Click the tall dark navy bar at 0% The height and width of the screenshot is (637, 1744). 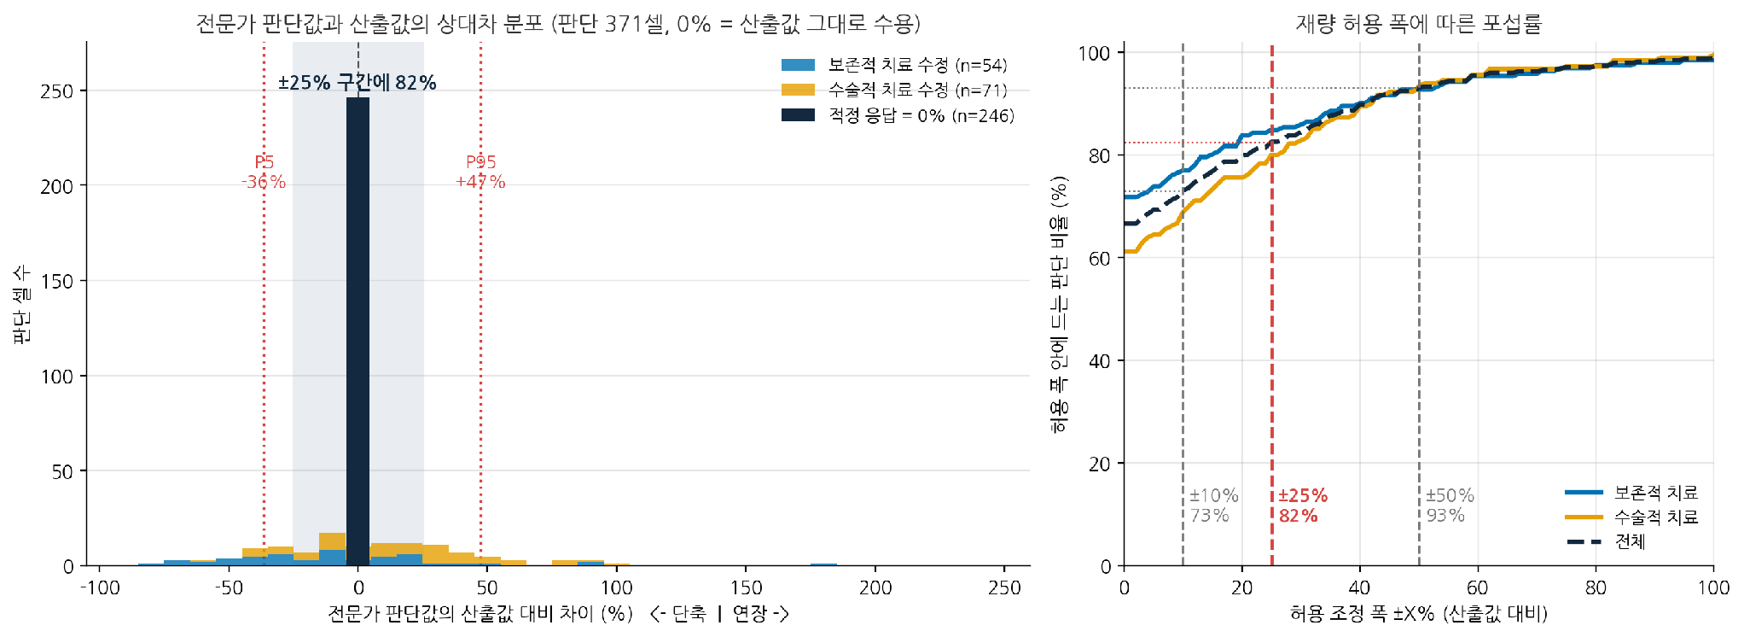tap(358, 331)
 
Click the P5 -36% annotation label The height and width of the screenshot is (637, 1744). tap(264, 172)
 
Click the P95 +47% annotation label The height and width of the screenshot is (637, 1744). tap(480, 172)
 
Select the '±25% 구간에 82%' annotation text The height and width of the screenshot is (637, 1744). tap(358, 83)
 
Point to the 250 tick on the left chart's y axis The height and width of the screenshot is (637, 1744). tap(57, 91)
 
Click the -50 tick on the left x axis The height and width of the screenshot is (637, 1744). tap(229, 587)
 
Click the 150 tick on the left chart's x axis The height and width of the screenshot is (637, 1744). tap(746, 587)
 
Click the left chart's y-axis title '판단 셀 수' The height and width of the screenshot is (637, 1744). tap(21, 304)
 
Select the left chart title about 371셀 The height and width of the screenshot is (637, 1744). tap(558, 23)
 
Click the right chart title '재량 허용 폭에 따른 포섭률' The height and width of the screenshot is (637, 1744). tap(1418, 23)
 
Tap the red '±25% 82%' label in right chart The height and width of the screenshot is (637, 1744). tap(1303, 506)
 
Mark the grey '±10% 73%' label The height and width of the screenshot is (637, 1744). tap(1213, 506)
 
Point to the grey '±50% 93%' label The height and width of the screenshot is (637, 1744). tap(1450, 506)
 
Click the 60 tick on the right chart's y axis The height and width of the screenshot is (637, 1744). tap(1100, 258)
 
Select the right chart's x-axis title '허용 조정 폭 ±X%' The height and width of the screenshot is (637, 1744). tap(1418, 613)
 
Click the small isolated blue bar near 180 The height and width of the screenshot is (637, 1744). tap(823, 564)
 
